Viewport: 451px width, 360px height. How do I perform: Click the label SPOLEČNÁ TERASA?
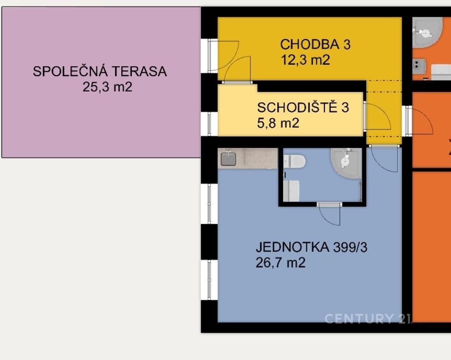tap(100, 71)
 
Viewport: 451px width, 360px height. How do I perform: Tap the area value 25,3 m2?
tap(108, 87)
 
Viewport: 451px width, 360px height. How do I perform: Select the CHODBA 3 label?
tap(315, 44)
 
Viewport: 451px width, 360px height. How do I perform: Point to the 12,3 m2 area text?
tap(305, 60)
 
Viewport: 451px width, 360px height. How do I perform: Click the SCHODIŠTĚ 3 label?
tap(303, 108)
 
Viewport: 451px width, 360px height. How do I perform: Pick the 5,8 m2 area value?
tap(278, 123)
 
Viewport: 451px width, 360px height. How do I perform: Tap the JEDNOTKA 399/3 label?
tap(312, 247)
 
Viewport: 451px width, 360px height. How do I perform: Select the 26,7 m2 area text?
tap(280, 263)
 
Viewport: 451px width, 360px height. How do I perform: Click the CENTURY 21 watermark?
tap(368, 319)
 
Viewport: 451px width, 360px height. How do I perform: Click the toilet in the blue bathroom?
tap(294, 161)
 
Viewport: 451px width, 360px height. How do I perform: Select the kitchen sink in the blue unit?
tap(228, 159)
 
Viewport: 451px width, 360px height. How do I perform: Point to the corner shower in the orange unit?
tap(427, 32)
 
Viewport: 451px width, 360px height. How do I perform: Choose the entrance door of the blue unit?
tap(384, 159)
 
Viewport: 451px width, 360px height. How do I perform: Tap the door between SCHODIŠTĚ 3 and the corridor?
tap(377, 116)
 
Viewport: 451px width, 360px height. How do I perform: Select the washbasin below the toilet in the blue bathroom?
tap(291, 190)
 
